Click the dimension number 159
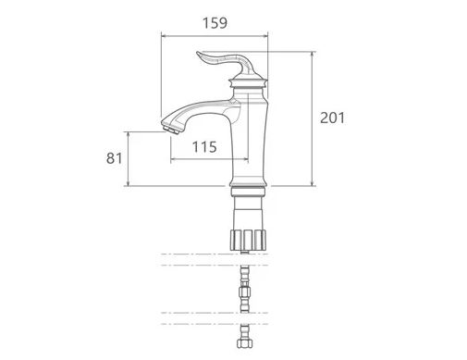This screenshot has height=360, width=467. click(x=215, y=23)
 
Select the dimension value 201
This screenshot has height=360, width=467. click(x=333, y=118)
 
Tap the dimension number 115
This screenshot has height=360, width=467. click(x=204, y=147)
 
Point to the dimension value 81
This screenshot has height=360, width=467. click(x=115, y=158)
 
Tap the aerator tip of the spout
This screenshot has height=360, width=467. click(x=170, y=130)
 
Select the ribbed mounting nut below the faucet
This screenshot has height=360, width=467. click(x=248, y=240)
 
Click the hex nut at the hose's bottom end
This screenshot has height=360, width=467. click(x=245, y=343)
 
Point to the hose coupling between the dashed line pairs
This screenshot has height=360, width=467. click(x=245, y=292)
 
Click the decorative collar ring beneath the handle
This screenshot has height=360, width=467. click(x=248, y=83)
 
